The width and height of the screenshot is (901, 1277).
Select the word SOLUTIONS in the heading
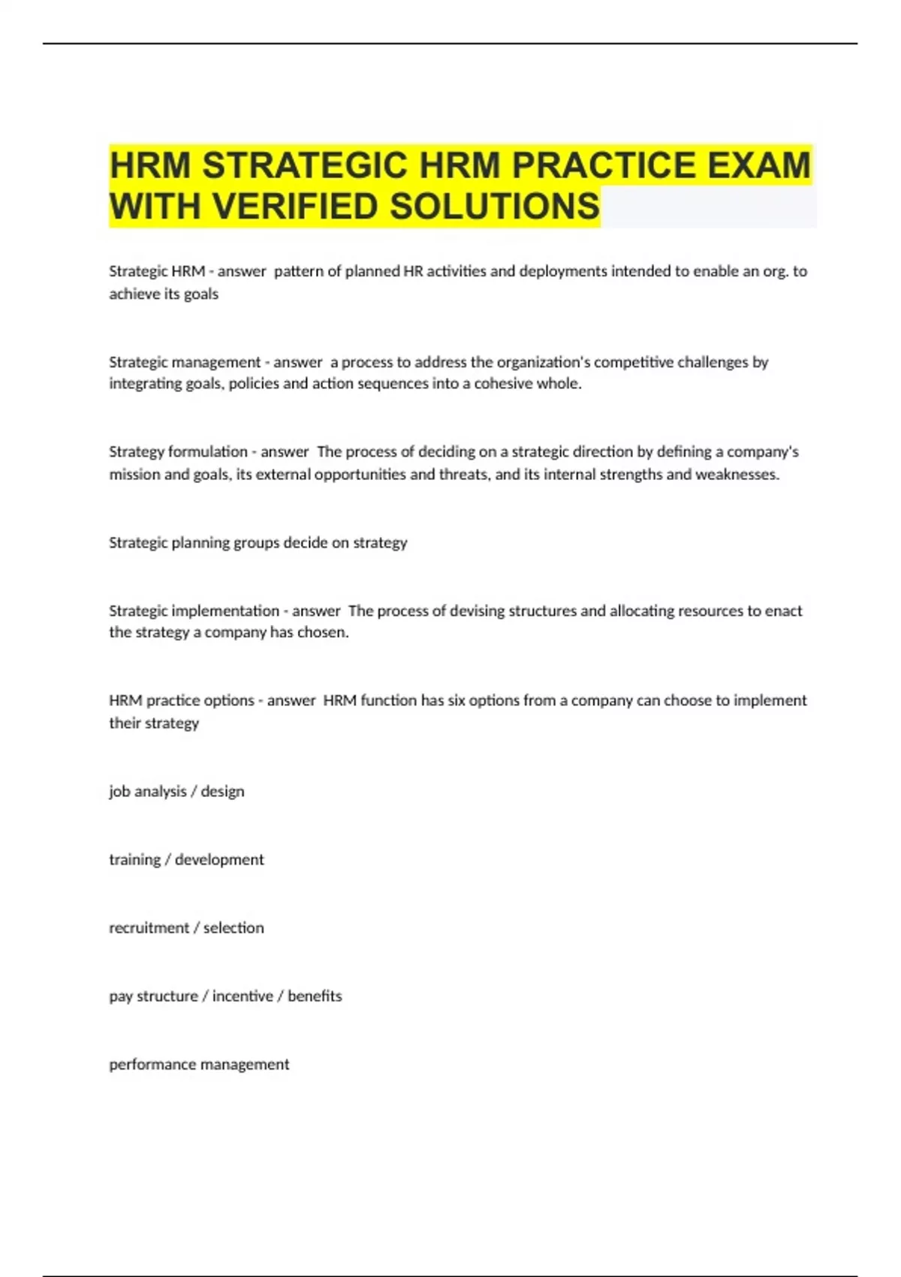[x=495, y=207]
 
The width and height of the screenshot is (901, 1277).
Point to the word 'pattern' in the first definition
[x=299, y=271]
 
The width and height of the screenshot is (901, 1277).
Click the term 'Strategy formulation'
[x=178, y=452]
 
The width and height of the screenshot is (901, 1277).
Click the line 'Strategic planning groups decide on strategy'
[x=258, y=543]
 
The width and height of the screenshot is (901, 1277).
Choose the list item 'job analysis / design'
[x=176, y=792]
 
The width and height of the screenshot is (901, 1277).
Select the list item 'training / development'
[x=186, y=859]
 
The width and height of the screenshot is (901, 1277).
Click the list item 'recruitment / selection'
[x=186, y=928]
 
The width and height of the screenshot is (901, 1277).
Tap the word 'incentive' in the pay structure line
[x=243, y=996]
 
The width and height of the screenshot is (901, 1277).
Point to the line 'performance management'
[x=199, y=1064]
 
